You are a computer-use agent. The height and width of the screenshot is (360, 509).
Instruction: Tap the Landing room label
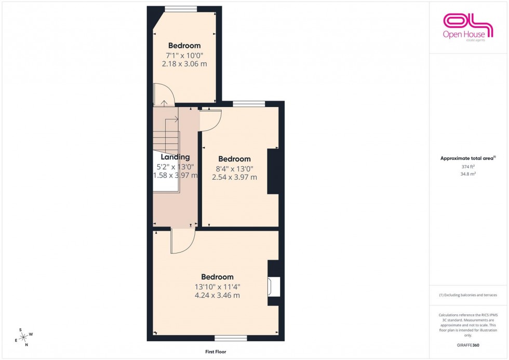coord(175,157)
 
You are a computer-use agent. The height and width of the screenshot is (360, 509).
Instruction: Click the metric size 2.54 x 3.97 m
coord(234,177)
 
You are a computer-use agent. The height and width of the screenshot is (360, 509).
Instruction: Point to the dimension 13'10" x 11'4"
coord(217,286)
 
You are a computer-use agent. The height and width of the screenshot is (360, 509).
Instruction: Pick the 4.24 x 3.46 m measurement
coord(217,296)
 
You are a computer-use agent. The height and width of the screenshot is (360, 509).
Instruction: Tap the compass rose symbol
coord(23,336)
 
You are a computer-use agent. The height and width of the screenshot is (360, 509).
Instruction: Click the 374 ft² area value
coord(468,167)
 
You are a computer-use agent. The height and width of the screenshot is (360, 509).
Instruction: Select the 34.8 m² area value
coord(468,175)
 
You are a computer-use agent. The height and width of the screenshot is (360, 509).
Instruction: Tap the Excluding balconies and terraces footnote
coord(468,295)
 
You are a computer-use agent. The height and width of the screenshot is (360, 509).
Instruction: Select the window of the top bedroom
coord(181,8)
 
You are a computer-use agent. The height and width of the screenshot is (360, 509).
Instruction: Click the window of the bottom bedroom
coord(231,338)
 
